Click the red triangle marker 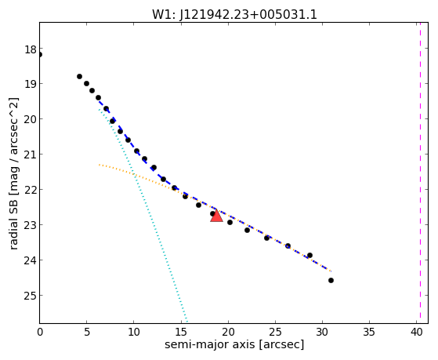[216, 216]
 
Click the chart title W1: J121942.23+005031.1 [234, 15]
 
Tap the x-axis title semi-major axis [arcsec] [234, 344]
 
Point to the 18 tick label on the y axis [31, 49]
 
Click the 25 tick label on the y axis [31, 295]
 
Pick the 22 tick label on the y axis [31, 189]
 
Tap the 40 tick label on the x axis [417, 332]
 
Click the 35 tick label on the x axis [370, 332]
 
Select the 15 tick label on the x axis [181, 332]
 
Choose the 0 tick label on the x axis [40, 332]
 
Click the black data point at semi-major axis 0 [40, 55]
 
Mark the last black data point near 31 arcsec [331, 280]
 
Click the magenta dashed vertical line [420, 173]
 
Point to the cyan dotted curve [143, 216]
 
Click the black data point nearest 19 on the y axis [87, 83]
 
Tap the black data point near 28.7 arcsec [309, 255]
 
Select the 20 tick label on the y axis [31, 119]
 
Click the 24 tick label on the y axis [31, 260]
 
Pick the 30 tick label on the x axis [322, 332]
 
